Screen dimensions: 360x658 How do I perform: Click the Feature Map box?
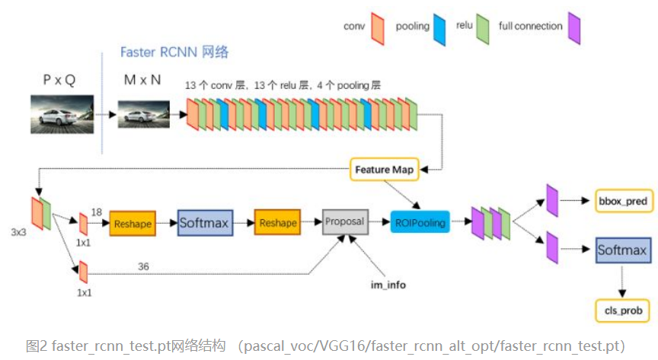point(385,169)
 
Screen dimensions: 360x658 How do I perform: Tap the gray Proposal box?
point(345,221)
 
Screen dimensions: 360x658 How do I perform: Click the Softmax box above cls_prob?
point(621,250)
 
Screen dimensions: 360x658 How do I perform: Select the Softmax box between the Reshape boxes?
point(204,223)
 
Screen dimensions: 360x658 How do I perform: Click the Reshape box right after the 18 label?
point(133,223)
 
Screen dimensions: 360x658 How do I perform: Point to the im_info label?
point(388,285)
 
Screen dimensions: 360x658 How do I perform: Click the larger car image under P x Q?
point(62,115)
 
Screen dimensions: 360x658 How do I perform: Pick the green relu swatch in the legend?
point(482,29)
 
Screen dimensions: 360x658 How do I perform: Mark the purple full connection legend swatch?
point(574,29)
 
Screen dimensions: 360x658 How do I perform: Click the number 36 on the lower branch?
point(143,266)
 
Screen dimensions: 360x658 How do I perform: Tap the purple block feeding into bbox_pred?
point(552,199)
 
